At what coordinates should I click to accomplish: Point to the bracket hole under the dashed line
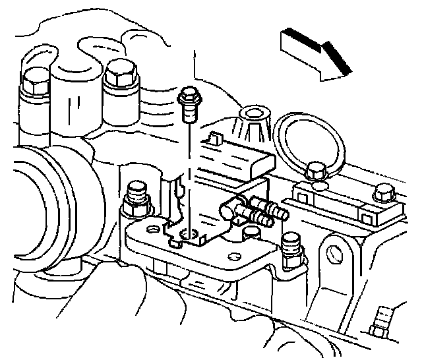tap(190, 233)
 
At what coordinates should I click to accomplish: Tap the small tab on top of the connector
tap(212, 139)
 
